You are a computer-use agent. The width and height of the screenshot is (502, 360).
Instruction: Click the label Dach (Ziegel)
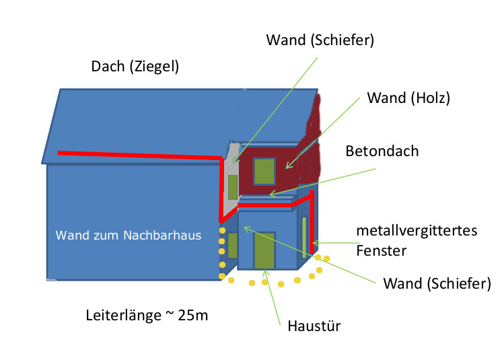135,67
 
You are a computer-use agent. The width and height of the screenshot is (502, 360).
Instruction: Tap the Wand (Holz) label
408,98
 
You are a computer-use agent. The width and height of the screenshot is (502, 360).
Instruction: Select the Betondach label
382,151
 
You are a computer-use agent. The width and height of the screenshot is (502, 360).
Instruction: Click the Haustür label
315,327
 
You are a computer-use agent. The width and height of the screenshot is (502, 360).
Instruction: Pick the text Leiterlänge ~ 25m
147,314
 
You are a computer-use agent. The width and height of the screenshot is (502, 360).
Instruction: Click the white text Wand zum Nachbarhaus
129,236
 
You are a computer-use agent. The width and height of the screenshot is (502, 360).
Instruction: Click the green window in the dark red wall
264,171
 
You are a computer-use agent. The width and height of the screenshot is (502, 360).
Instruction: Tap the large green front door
264,251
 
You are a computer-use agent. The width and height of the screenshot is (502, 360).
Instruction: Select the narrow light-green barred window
304,237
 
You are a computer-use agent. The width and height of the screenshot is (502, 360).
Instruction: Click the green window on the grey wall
232,187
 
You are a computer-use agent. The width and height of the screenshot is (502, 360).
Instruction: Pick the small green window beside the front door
233,246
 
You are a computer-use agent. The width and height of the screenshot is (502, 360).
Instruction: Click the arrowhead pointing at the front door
265,272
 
